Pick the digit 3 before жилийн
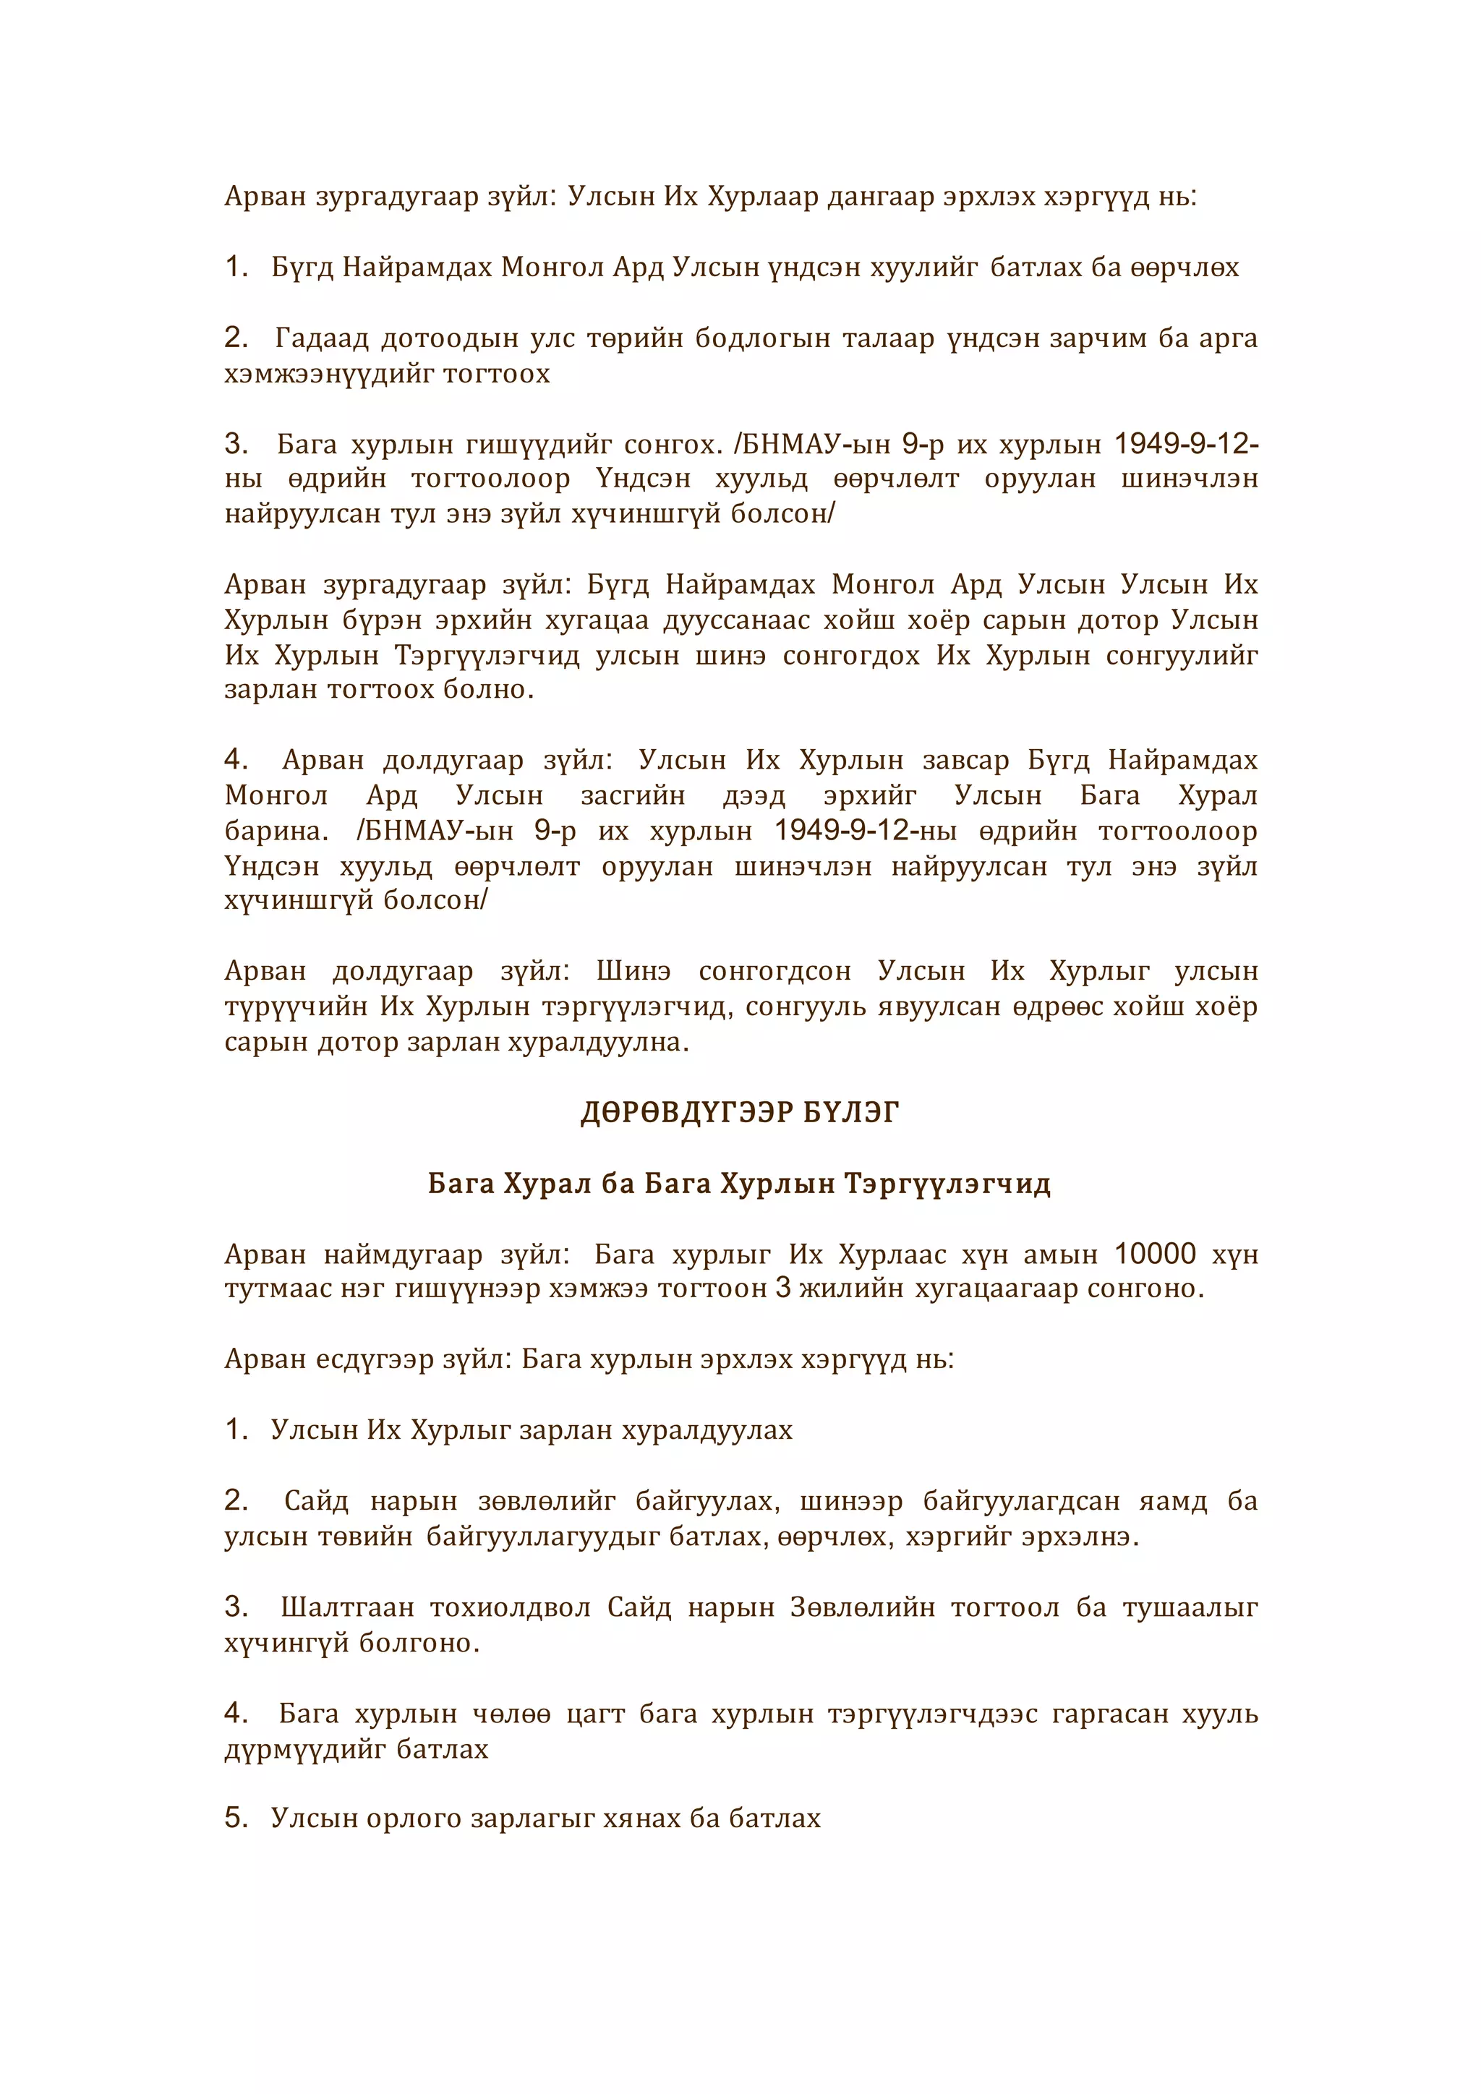(x=782, y=1289)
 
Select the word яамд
(x=1173, y=1500)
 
